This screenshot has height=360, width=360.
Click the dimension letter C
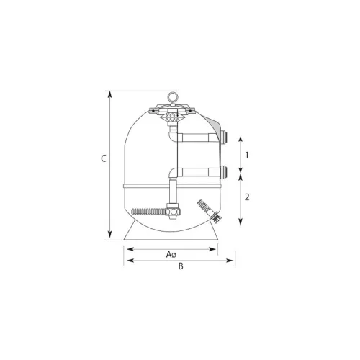104,158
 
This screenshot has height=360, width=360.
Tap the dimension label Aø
171,254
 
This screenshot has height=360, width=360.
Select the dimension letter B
181,266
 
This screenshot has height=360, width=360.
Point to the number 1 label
247,156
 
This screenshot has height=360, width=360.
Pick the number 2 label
247,197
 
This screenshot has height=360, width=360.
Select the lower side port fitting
223,171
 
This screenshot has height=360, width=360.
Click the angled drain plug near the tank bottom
210,210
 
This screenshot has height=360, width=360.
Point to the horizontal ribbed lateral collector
149,212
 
